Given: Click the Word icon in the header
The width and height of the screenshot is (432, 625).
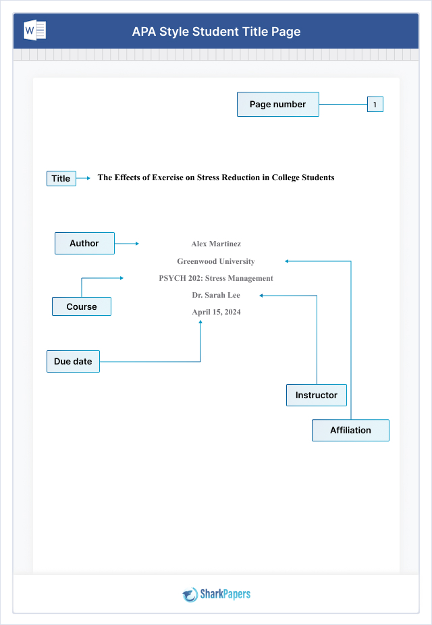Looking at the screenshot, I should (x=35, y=31).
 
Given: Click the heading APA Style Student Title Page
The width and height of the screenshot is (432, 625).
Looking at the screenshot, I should (x=216, y=32).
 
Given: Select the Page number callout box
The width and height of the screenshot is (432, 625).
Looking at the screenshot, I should (x=277, y=104).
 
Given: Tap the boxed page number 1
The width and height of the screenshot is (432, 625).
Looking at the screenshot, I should (x=375, y=104).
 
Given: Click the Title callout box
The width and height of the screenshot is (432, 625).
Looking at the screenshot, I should (x=61, y=178).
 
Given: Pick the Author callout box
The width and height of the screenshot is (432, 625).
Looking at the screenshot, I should (x=84, y=243).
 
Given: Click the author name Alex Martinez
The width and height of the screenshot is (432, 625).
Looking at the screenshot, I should (x=216, y=244).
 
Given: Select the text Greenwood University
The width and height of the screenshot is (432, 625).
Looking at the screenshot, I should (x=216, y=261).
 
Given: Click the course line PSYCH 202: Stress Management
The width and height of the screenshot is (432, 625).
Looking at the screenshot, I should (x=216, y=278).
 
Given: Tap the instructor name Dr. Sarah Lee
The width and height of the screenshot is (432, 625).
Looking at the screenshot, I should (x=216, y=295).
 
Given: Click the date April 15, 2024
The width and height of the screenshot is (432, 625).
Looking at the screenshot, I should (x=216, y=312).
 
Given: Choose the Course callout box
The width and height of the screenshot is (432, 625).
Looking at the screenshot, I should (x=82, y=306).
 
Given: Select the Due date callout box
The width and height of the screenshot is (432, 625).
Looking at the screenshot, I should (x=73, y=361).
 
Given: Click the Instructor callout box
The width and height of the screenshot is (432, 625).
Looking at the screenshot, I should (x=316, y=395).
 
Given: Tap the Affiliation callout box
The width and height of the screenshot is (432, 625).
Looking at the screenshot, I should (x=350, y=430).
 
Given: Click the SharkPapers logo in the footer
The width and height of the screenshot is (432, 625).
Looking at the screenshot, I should (x=216, y=594).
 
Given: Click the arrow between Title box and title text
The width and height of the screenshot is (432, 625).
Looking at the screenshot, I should (x=84, y=178).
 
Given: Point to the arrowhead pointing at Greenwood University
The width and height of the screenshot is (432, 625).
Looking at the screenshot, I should (x=287, y=261).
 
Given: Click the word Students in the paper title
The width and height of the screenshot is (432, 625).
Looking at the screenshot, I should (x=317, y=178).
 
